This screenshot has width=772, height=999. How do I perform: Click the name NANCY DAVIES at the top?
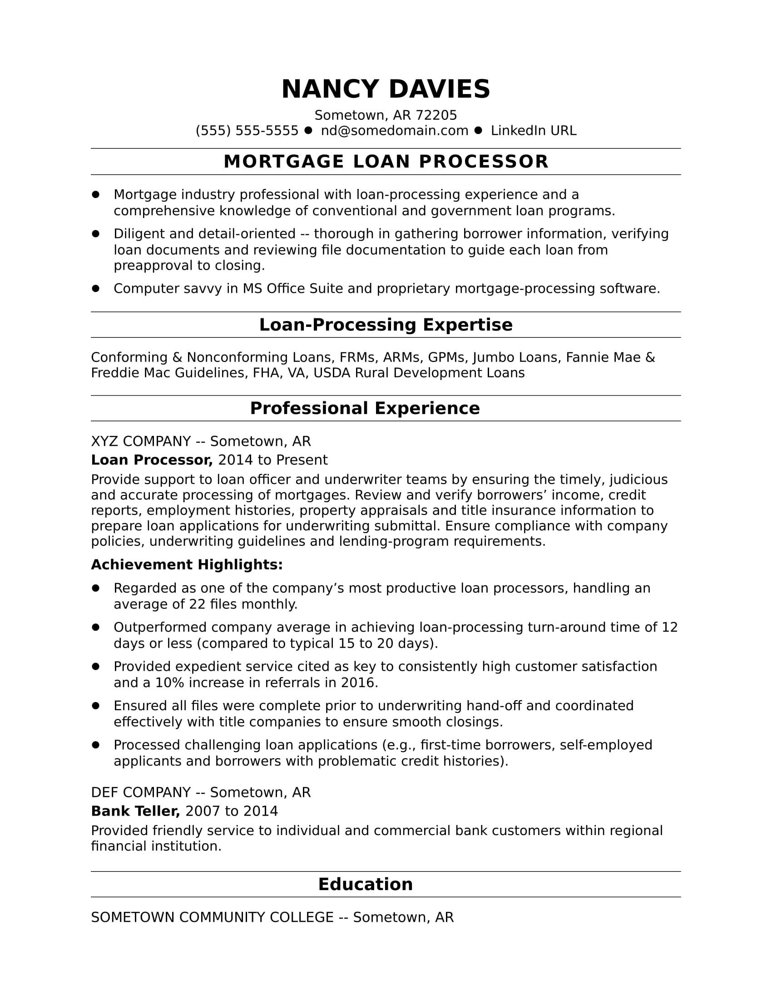click(x=386, y=89)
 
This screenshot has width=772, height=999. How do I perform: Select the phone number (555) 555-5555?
click(x=247, y=131)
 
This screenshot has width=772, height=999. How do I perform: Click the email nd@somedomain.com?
click(x=394, y=131)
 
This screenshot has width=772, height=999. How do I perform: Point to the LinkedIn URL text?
click(x=533, y=131)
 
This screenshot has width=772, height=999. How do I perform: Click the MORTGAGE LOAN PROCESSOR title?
click(x=386, y=162)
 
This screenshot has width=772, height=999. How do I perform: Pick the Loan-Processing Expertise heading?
click(x=386, y=325)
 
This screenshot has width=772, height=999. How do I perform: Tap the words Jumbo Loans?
click(x=516, y=357)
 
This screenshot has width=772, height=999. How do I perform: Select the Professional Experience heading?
click(x=365, y=409)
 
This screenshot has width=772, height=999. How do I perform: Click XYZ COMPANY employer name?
click(x=141, y=441)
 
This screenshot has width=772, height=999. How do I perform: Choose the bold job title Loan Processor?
click(x=152, y=460)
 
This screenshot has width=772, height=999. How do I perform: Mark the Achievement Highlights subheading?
click(x=187, y=565)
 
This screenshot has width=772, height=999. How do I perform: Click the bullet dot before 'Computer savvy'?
click(x=95, y=288)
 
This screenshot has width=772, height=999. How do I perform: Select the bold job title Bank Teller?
click(x=135, y=811)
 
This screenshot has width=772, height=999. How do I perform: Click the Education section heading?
click(x=365, y=884)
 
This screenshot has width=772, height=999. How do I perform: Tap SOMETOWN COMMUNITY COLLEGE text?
click(x=212, y=917)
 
